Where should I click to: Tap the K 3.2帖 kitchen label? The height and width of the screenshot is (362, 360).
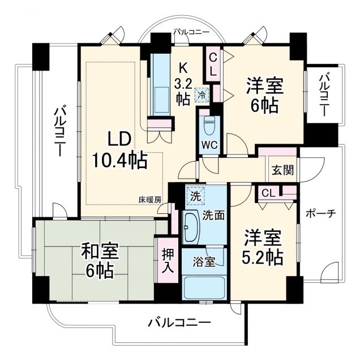(182, 83)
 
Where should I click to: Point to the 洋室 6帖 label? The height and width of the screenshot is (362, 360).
(264, 96)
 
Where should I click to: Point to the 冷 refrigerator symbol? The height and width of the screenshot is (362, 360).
(202, 95)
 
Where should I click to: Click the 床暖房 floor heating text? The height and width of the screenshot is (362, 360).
(150, 199)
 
